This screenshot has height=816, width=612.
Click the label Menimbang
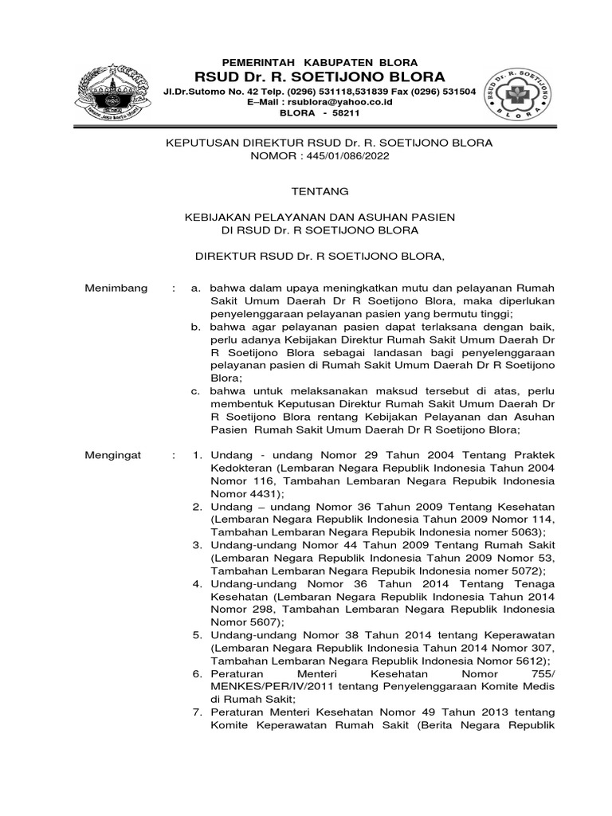116,288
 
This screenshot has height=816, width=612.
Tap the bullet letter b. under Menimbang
195,328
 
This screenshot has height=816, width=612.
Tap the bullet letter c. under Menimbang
195,391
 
